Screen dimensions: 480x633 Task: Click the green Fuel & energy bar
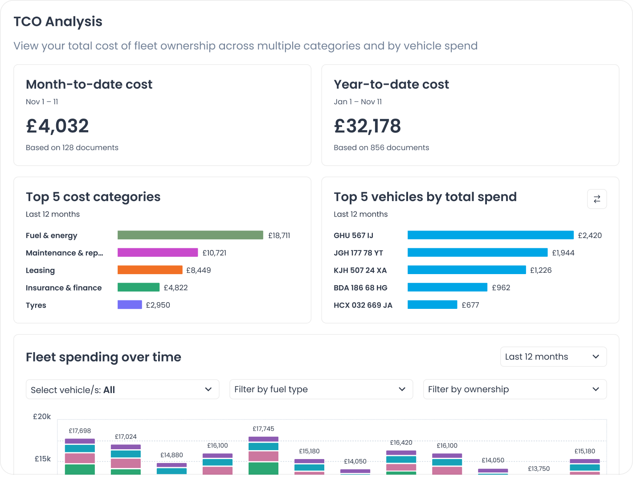point(190,235)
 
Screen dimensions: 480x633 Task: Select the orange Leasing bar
point(150,270)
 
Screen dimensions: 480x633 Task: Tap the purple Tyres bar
point(130,305)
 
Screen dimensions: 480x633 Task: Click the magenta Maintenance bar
point(158,253)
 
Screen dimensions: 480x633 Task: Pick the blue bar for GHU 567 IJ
point(490,235)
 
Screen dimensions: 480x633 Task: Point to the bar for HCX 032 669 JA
point(432,305)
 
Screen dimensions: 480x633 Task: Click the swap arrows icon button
point(597,199)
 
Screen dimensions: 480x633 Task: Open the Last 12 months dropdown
point(553,357)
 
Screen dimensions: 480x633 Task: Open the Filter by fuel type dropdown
point(321,389)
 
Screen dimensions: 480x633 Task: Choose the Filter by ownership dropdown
point(515,389)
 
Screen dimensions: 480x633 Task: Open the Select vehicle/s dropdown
point(123,390)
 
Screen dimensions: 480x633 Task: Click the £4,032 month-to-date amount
point(57,126)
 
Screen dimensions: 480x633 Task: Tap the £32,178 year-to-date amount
point(368,126)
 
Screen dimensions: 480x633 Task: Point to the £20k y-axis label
point(42,417)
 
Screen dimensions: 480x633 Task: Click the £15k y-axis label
point(43,459)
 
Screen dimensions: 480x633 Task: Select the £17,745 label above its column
point(263,429)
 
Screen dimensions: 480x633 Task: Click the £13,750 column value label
point(539,469)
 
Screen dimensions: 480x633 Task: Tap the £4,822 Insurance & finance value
point(176,288)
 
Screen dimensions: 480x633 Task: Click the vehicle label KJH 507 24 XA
point(360,271)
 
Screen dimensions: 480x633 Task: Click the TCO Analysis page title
point(58,21)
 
